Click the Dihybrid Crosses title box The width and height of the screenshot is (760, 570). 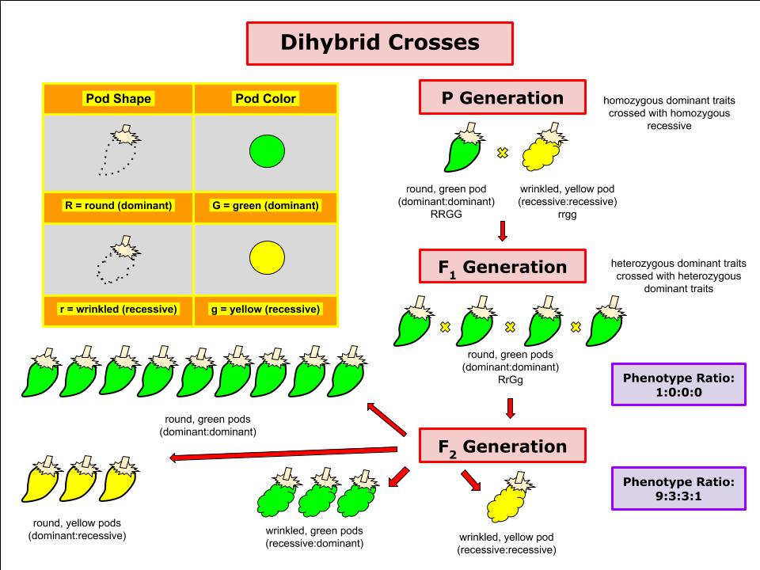[x=379, y=43]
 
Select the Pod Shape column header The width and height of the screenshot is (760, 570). [x=118, y=98]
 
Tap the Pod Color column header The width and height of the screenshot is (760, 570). [x=265, y=98]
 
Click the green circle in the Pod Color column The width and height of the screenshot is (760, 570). [x=267, y=151]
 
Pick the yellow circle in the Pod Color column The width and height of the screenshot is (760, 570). [x=267, y=257]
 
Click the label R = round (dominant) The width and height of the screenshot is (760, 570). [x=118, y=206]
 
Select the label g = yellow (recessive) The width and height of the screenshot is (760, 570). [x=266, y=310]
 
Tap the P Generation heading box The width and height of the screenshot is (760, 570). [x=503, y=97]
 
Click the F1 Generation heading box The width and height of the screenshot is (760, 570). [x=503, y=267]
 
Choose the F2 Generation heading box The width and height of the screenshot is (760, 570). [x=503, y=446]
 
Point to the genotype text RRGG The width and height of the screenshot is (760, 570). [x=446, y=215]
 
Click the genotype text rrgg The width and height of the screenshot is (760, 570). [x=567, y=215]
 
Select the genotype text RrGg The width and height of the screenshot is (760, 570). [x=511, y=380]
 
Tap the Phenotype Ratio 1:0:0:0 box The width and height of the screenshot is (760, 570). [x=678, y=385]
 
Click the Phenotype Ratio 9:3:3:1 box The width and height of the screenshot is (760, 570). [x=678, y=488]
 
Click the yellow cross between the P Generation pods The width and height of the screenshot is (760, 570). [x=503, y=153]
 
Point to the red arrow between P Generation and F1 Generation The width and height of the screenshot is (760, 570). [x=503, y=231]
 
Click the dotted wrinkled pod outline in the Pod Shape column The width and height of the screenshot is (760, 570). [x=117, y=260]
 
